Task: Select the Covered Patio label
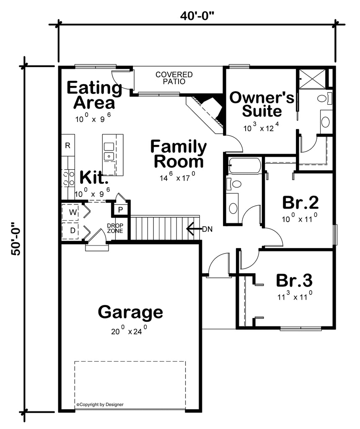coord(174,78)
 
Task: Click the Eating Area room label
coord(94,95)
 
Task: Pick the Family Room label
coord(179,154)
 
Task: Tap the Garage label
coord(130,312)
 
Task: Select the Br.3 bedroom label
coord(294,280)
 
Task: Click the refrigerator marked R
coord(67,146)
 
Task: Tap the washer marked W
coord(73,212)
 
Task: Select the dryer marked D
coord(73,230)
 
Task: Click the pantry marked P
coord(120,209)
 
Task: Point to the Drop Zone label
coord(115,228)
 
